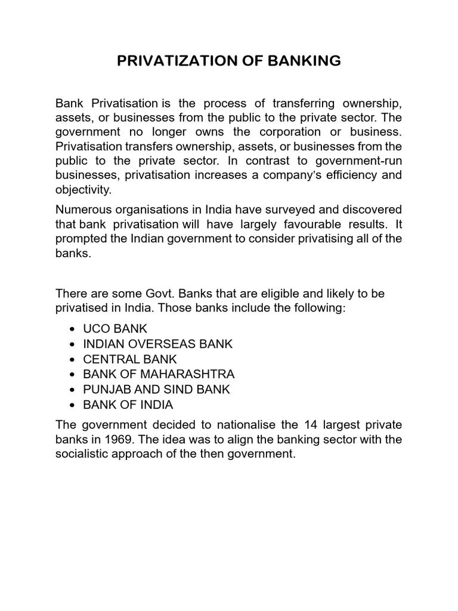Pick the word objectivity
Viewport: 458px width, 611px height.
84,190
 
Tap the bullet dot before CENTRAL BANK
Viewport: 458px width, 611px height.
72,359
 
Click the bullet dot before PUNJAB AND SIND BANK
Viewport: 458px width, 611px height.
72,390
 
